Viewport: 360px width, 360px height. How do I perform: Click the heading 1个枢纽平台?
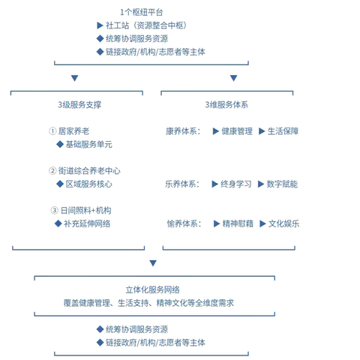pos(141,12)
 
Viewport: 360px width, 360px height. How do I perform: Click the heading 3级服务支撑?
pos(79,103)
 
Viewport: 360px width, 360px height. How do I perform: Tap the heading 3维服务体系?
pos(226,103)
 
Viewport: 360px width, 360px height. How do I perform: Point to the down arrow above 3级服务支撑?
pos(74,78)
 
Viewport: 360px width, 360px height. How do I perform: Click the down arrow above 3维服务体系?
pos(233,78)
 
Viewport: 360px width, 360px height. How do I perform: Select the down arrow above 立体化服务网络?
pos(153,262)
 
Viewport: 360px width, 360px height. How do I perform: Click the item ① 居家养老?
pos(72,130)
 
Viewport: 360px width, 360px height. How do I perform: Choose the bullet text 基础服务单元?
pos(88,144)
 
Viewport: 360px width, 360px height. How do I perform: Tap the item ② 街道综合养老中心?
pos(84,170)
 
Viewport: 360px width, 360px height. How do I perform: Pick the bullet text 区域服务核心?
pos(88,184)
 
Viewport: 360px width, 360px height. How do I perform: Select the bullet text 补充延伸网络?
pos(87,223)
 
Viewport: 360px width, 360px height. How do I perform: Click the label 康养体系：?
pos(184,130)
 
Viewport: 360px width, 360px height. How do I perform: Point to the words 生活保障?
pos(283,130)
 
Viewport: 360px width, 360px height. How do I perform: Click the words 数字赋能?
pos(281,184)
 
